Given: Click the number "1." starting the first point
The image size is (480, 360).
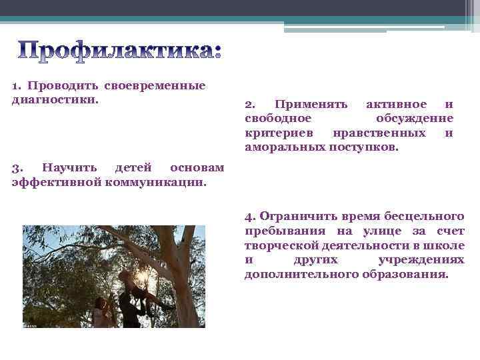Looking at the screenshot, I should point(18,85).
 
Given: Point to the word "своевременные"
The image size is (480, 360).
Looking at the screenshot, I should point(155,85).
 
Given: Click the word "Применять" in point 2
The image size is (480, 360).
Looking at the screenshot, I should point(311,105).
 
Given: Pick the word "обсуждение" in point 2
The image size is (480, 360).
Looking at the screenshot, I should point(414,119).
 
